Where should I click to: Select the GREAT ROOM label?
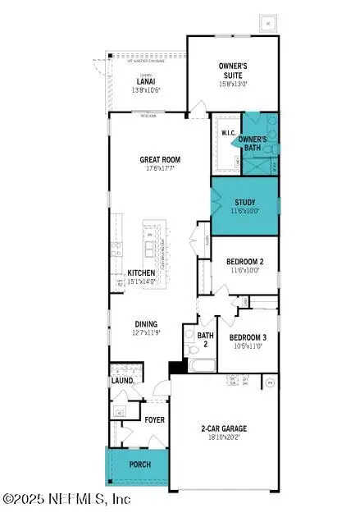160,159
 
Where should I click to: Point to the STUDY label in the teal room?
244,202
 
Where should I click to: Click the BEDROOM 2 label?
246,263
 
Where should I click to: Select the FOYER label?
155,419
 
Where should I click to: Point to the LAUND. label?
122,381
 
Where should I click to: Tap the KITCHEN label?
141,273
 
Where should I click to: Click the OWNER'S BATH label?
252,144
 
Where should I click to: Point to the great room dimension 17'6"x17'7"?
160,169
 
